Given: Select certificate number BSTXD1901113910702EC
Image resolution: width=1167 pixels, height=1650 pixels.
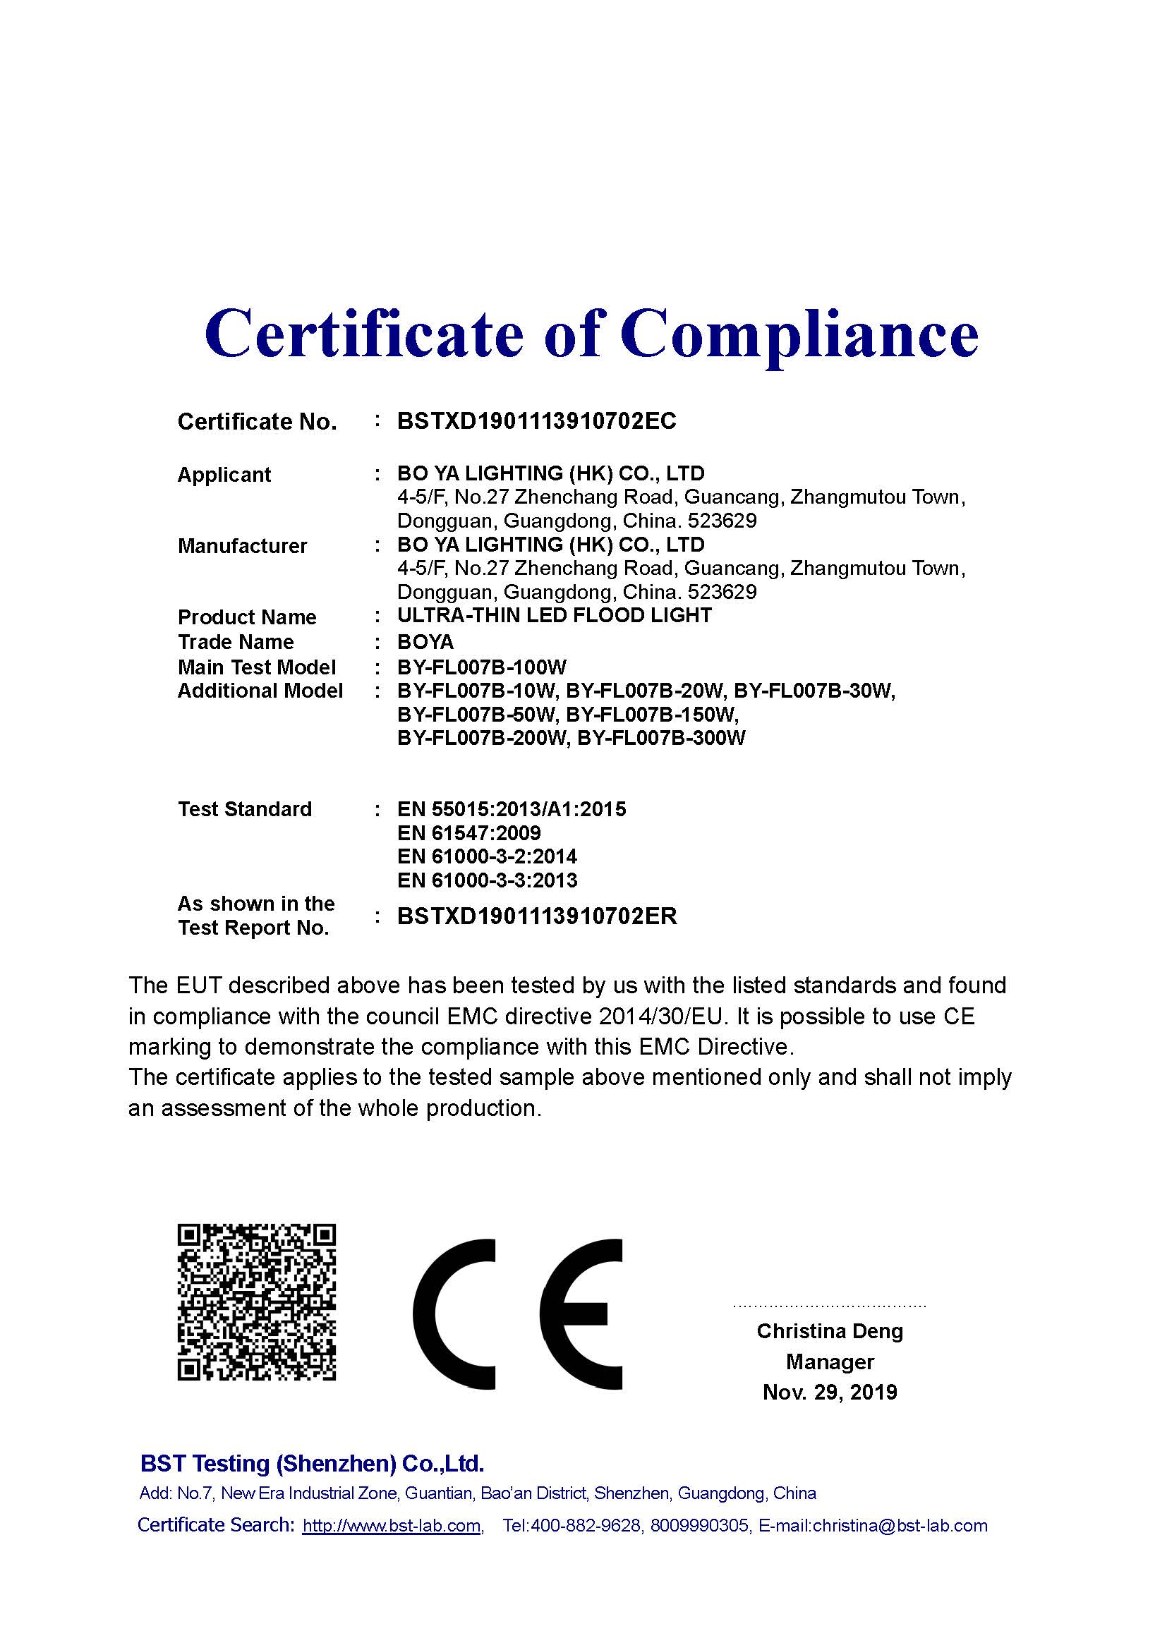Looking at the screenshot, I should point(537,421).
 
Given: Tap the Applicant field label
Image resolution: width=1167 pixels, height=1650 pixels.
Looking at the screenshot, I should point(224,475).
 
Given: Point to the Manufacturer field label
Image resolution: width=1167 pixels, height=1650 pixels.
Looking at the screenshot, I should point(242,546).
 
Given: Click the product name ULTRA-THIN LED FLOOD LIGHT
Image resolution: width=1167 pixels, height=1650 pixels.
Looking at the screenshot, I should point(554,616).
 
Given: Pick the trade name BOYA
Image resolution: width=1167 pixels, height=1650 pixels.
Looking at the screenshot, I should point(425,642).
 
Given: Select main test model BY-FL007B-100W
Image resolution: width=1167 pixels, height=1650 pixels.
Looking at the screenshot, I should point(481,667).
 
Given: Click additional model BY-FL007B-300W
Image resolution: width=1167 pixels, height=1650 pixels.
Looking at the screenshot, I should point(661,738).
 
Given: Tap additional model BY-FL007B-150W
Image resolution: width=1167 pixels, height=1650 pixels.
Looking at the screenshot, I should point(652,715).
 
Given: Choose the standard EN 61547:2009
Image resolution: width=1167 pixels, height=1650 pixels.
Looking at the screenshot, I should point(468,833).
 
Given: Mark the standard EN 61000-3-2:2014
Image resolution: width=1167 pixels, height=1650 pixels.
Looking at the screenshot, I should point(488,856).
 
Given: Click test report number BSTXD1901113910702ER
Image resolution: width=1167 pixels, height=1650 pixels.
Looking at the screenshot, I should point(537,917).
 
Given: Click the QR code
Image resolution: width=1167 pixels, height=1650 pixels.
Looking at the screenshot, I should point(257,1302).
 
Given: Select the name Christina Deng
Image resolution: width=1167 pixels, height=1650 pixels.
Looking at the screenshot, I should point(829,1332).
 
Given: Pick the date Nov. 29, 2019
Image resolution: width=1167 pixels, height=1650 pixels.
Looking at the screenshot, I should point(829,1393).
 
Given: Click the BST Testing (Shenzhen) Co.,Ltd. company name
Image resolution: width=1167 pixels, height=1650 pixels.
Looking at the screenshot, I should point(312,1464).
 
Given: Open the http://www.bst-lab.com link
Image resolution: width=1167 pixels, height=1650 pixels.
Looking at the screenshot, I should point(392,1526).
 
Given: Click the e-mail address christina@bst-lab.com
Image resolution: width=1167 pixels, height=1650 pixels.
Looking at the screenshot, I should point(900,1526).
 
